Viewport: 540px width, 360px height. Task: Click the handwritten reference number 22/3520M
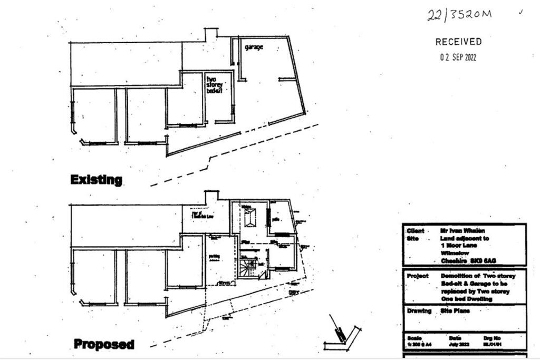click(459, 15)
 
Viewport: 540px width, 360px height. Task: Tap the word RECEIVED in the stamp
click(458, 42)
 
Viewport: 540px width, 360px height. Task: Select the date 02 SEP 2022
click(458, 57)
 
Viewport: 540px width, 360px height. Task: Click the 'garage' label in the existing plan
click(254, 47)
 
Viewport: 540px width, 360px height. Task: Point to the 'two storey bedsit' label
click(215, 84)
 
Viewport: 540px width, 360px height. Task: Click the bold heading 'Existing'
click(96, 180)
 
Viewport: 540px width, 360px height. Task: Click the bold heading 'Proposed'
click(103, 345)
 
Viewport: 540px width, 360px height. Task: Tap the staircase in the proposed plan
click(247, 267)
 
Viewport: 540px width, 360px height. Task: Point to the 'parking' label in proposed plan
click(214, 256)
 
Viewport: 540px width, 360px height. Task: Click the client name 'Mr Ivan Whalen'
click(462, 231)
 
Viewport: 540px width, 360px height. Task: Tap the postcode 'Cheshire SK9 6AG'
click(468, 260)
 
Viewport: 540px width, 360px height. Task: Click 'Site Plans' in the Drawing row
click(455, 311)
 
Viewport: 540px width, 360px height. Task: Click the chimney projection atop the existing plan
click(211, 34)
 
